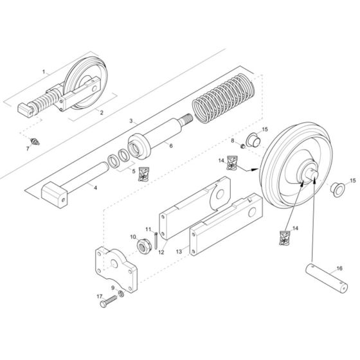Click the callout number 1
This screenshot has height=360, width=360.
pyautogui.click(x=44, y=73)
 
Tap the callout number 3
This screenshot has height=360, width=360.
pyautogui.click(x=130, y=120)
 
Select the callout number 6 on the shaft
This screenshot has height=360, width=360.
pyautogui.click(x=171, y=146)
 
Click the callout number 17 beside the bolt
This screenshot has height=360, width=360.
pyautogui.click(x=100, y=296)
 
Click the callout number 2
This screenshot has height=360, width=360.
pyautogui.click(x=101, y=112)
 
